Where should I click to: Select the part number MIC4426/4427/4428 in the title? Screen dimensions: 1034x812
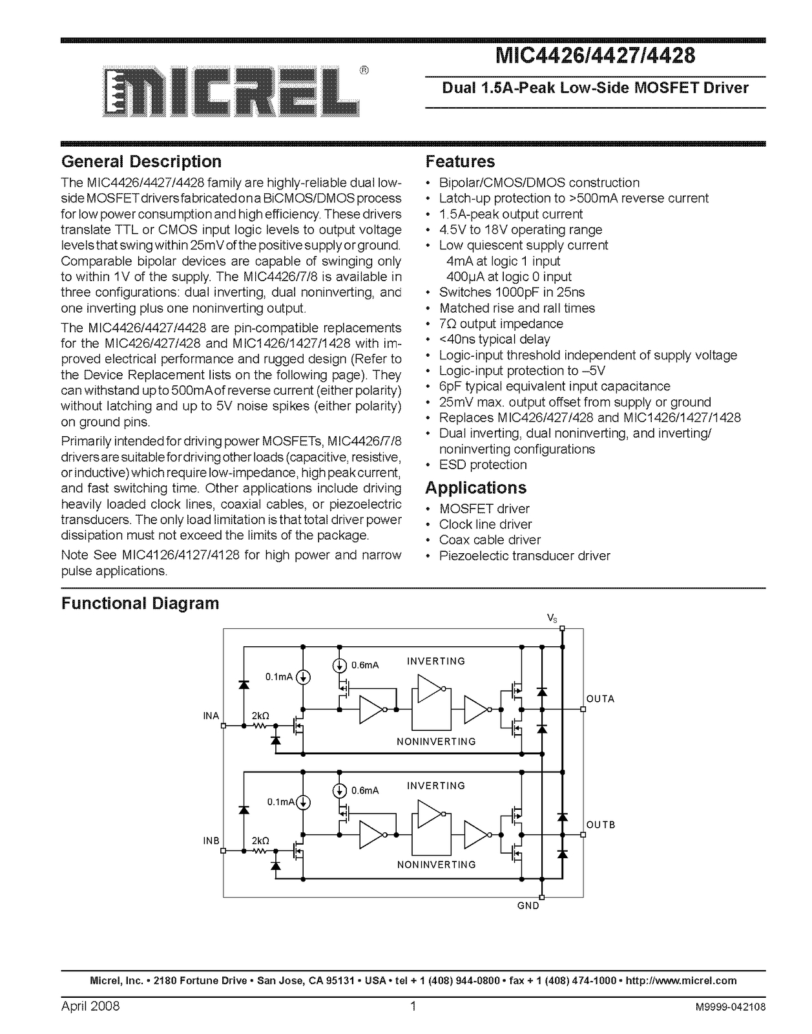pos(594,56)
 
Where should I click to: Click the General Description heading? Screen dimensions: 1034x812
pos(141,162)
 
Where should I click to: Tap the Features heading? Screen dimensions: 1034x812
pos(460,162)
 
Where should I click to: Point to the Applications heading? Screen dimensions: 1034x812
pos(475,488)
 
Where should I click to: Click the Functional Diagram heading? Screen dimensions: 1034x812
pos(140,604)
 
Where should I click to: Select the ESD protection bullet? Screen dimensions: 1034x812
pos(483,465)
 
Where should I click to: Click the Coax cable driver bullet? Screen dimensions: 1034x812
pos(490,540)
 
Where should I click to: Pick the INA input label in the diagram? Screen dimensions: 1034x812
pos(211,716)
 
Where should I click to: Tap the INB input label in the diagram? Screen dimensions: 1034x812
pos(211,841)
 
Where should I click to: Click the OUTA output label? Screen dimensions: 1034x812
pos(600,699)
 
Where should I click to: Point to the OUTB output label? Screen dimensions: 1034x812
pos(601,825)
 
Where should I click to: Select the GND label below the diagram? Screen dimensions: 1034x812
pos(528,906)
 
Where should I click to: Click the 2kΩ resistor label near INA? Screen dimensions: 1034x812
pos(260,715)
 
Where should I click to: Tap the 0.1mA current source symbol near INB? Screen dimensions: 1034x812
pos(302,803)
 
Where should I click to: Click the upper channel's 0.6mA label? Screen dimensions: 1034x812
pos(365,665)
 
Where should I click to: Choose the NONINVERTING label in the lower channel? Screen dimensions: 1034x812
pos(436,865)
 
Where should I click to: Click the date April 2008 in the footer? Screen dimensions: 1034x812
pos(90,1007)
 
